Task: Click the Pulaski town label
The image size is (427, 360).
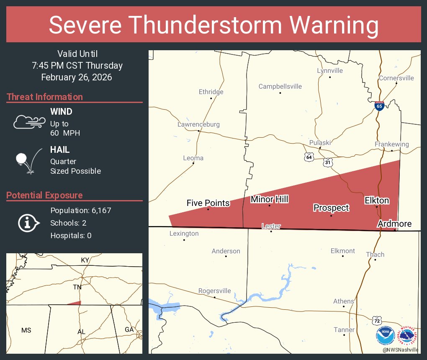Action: [320, 143]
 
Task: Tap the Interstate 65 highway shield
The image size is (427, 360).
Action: [379, 106]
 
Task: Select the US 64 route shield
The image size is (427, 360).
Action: [309, 157]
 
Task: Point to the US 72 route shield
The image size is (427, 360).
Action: [378, 320]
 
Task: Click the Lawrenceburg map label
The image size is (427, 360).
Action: [198, 124]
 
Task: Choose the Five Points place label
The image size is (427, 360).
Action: [208, 203]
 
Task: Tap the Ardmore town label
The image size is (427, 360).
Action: [394, 224]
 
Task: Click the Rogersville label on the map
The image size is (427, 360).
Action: [214, 291]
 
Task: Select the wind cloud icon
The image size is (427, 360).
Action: [29, 122]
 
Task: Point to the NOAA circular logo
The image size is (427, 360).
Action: [385, 335]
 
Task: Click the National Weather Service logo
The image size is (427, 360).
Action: [407, 335]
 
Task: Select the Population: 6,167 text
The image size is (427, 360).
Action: [81, 211]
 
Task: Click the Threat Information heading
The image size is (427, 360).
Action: [45, 97]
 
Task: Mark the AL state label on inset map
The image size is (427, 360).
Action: [81, 332]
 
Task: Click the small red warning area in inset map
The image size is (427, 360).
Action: [75, 303]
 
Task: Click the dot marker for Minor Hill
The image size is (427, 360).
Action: [269, 206]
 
